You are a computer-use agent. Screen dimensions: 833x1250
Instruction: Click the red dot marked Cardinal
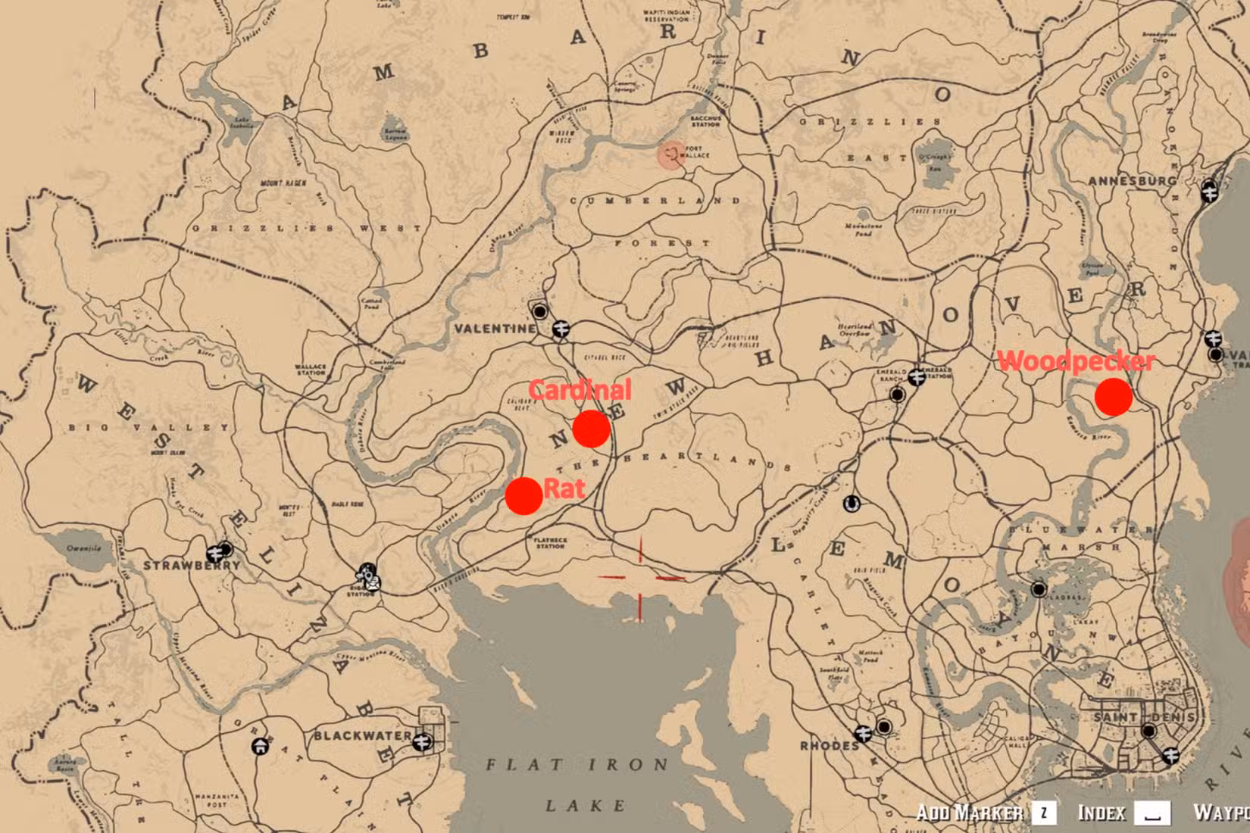click(x=591, y=429)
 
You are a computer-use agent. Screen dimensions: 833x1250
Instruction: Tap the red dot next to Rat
click(x=523, y=496)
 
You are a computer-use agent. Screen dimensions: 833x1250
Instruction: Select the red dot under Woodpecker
click(x=1113, y=397)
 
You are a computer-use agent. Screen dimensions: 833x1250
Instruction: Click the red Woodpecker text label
click(x=1076, y=361)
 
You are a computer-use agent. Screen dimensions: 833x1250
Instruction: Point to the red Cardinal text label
click(x=580, y=390)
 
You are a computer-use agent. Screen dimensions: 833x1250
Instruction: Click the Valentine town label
click(x=494, y=329)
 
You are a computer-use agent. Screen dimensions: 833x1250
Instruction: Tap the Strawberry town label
click(x=191, y=566)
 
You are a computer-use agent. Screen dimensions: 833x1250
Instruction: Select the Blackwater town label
click(x=362, y=735)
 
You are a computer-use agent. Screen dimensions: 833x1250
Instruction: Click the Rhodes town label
click(x=829, y=746)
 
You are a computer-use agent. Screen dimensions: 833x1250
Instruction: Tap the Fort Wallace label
click(x=697, y=152)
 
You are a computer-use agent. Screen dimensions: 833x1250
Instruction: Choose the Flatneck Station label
click(x=550, y=543)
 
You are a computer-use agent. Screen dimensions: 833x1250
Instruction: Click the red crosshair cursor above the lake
click(x=641, y=578)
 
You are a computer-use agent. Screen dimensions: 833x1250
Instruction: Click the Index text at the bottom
click(x=1102, y=813)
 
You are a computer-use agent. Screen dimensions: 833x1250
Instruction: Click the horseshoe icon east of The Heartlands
click(x=851, y=503)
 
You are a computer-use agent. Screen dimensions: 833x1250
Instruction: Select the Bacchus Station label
click(x=705, y=121)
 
